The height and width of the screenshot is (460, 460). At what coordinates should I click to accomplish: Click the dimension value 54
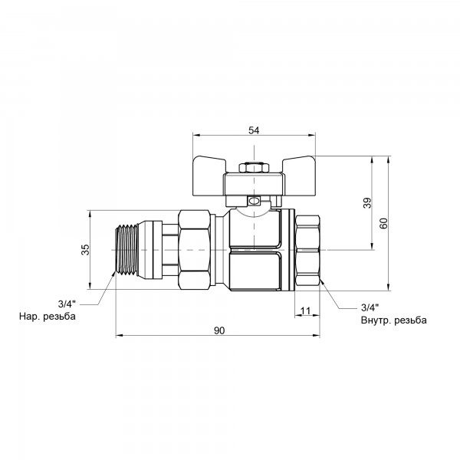[254, 130]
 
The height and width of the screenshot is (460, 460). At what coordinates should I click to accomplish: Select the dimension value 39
[367, 202]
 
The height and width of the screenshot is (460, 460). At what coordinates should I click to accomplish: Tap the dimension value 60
[384, 223]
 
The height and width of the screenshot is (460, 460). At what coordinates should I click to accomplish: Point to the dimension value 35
[85, 249]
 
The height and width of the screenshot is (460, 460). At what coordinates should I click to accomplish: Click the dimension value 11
[305, 310]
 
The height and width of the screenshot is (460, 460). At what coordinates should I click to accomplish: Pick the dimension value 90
[219, 330]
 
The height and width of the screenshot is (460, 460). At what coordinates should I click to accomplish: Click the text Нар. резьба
[48, 316]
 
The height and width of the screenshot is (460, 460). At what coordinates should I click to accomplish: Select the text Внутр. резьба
[394, 320]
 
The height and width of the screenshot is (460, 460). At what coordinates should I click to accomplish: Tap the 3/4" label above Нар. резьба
[67, 304]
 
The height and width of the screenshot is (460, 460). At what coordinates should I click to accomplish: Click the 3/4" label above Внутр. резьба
[370, 307]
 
